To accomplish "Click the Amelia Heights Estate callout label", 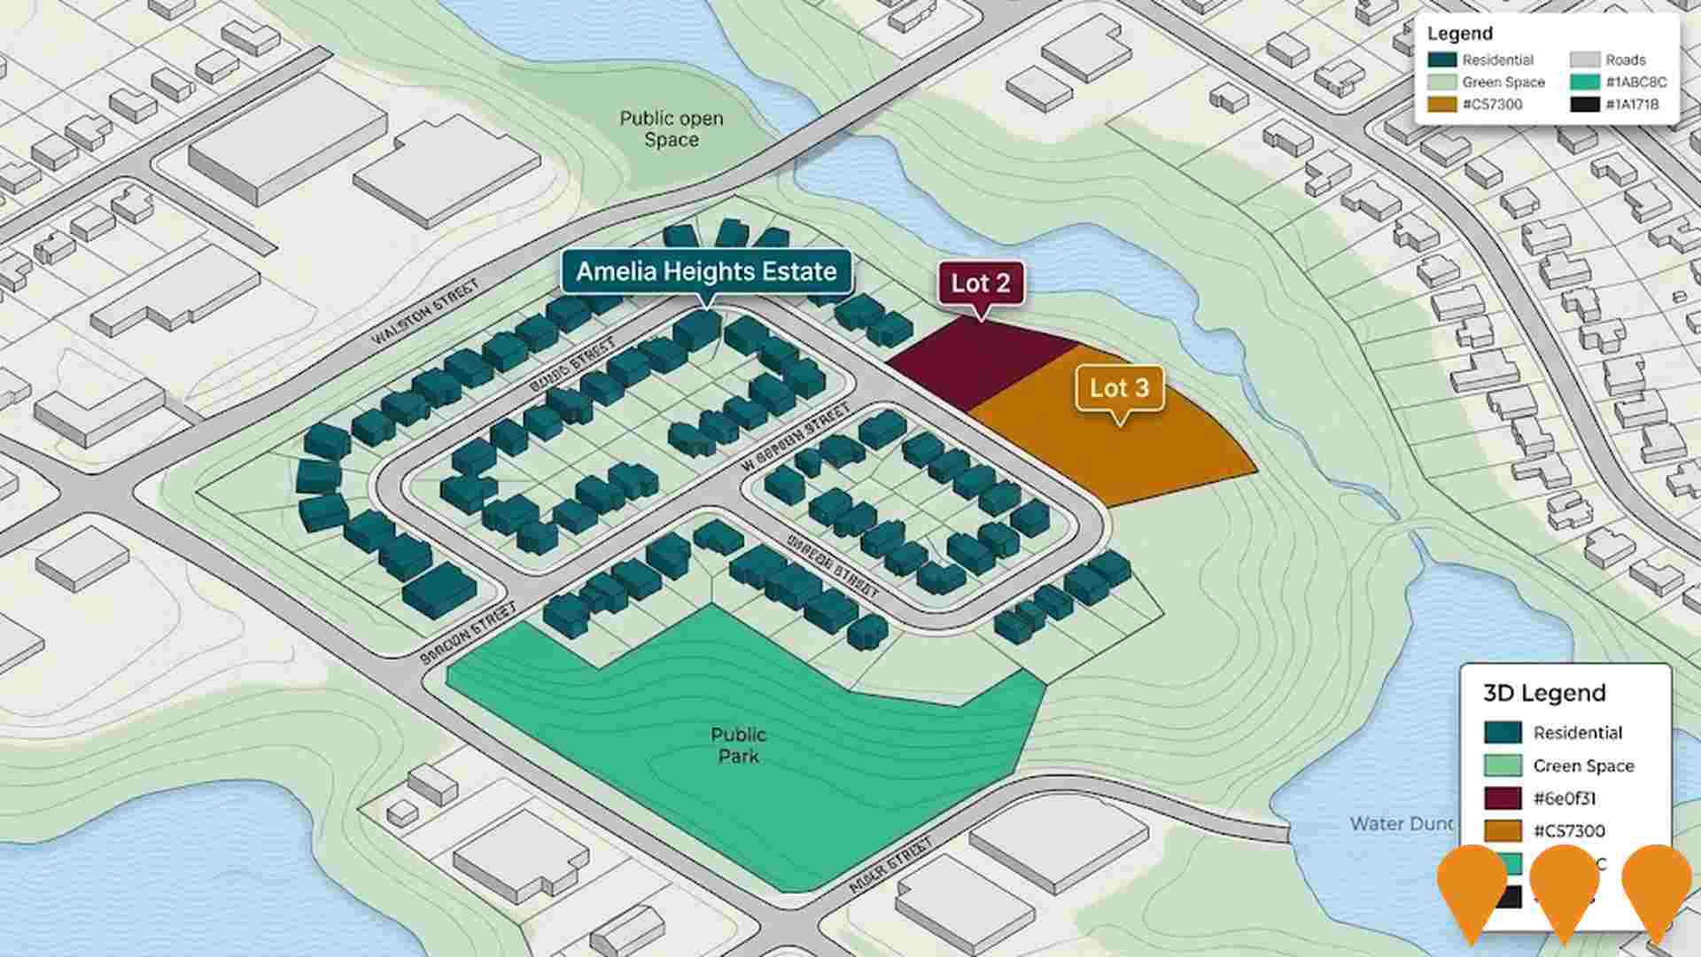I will pyautogui.click(x=706, y=271).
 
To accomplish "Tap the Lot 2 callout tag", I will pyautogui.click(x=980, y=284).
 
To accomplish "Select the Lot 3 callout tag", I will pyautogui.click(x=1119, y=388).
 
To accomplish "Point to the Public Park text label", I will pyautogui.click(x=738, y=745).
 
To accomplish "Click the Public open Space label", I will pyautogui.click(x=671, y=128).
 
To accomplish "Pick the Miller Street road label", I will pyautogui.click(x=890, y=865).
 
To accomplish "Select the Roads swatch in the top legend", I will pyautogui.click(x=1585, y=59).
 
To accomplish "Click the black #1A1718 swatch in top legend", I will pyautogui.click(x=1585, y=105).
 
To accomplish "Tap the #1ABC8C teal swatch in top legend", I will pyautogui.click(x=1585, y=82).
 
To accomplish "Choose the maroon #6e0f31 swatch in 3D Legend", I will pyautogui.click(x=1503, y=797).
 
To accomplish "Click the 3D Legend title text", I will pyautogui.click(x=1544, y=693).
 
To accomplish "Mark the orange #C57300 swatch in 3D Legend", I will pyautogui.click(x=1503, y=830).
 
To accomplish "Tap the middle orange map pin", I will pyautogui.click(x=1565, y=886).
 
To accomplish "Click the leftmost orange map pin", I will pyautogui.click(x=1472, y=886).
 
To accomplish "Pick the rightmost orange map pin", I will pyautogui.click(x=1657, y=886).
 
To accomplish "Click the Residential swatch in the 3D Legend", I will pyautogui.click(x=1503, y=733).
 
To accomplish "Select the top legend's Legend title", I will pyautogui.click(x=1459, y=34).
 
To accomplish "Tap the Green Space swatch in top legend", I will pyautogui.click(x=1442, y=82).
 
